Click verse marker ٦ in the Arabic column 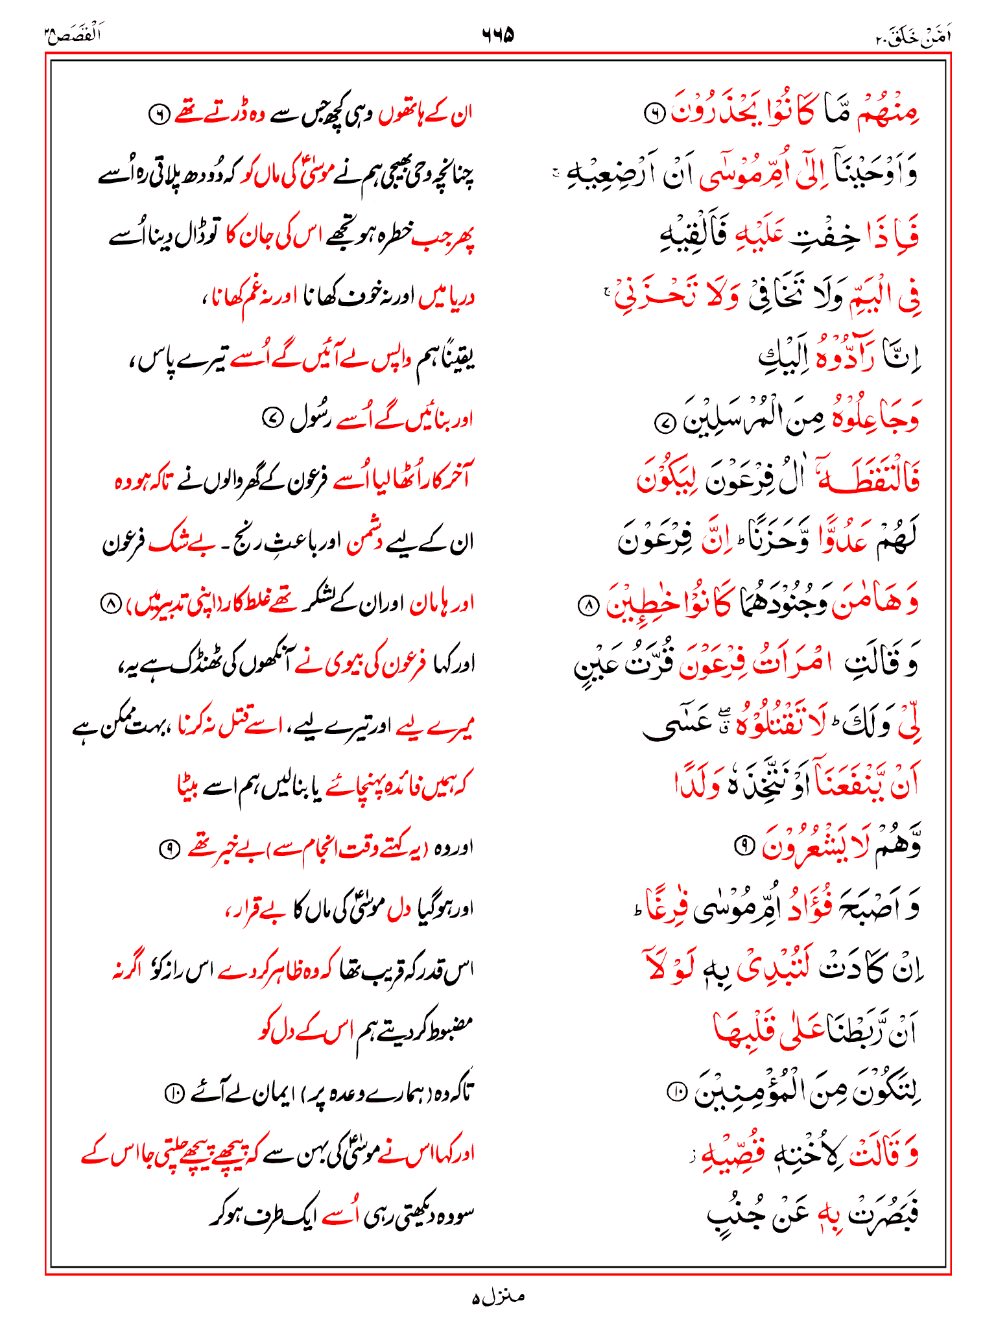coord(654,113)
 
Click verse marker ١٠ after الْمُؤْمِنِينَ coord(676,1093)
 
